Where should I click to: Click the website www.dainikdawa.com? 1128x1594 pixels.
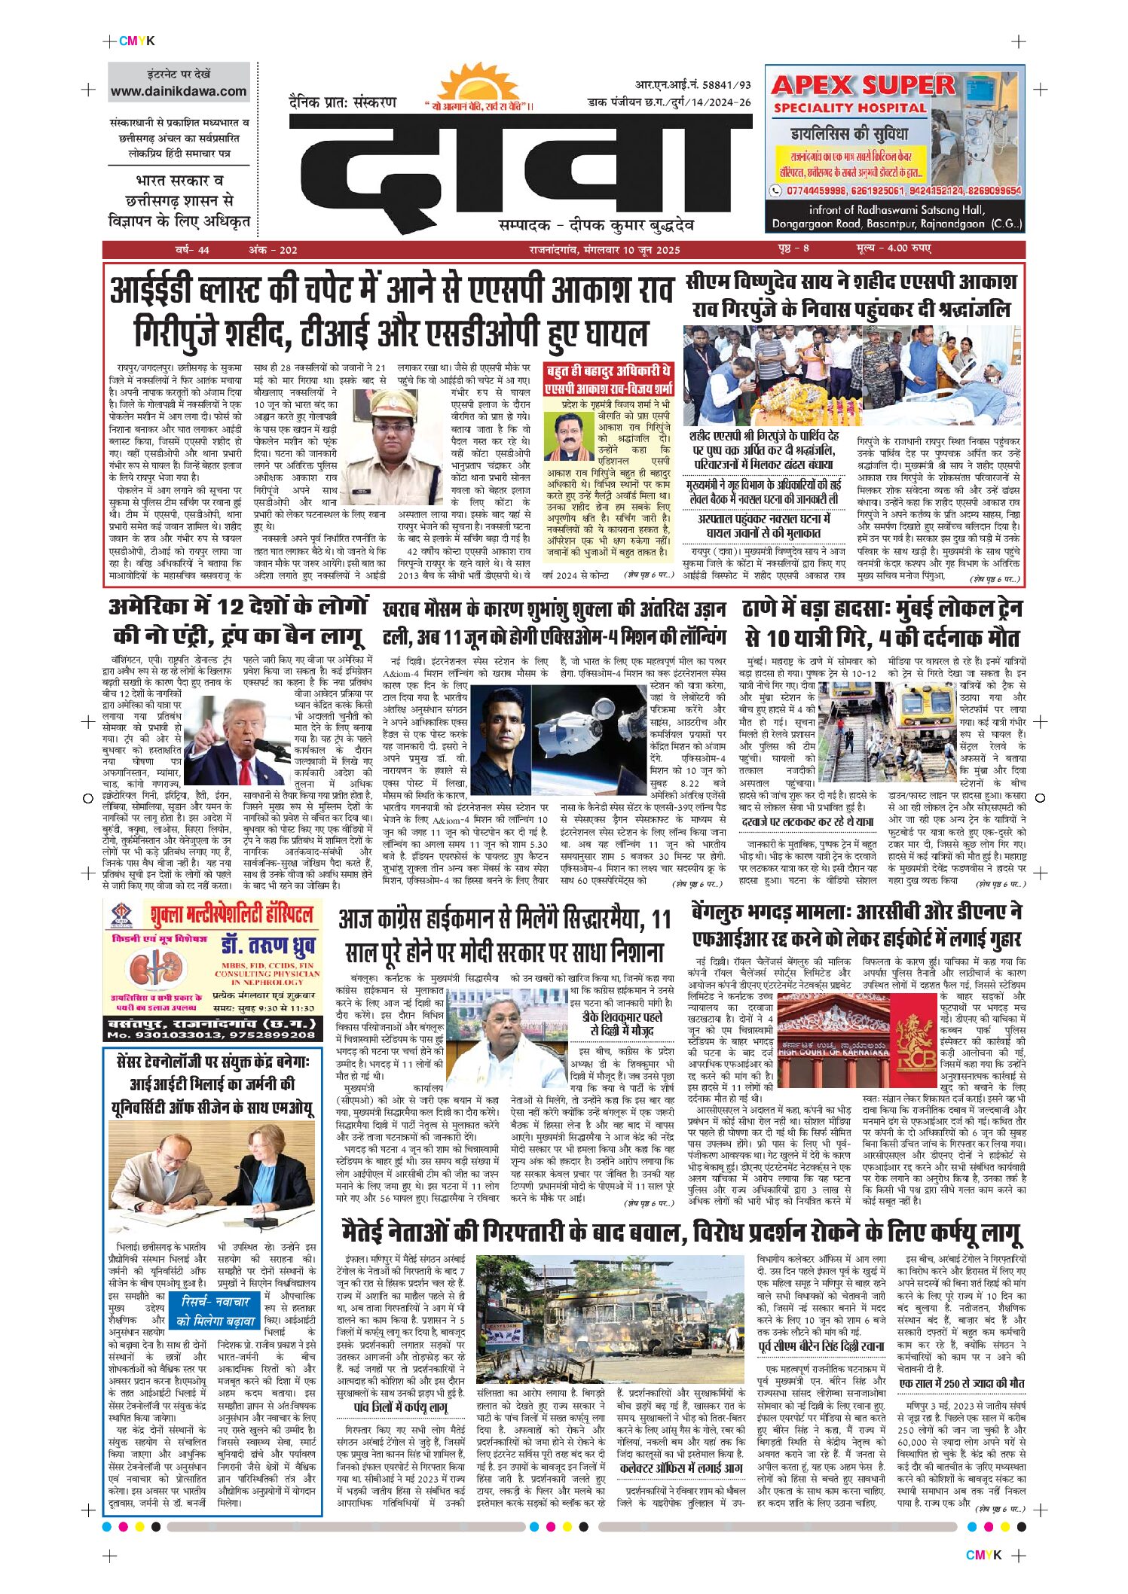pos(179,92)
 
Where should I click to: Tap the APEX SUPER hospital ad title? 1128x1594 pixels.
pos(862,85)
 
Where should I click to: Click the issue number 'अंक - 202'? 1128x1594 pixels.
pos(273,250)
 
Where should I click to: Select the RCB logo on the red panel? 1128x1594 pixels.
pos(916,1040)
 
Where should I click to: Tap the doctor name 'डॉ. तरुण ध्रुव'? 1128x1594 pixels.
pos(268,946)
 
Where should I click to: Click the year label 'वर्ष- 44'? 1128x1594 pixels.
pos(192,250)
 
